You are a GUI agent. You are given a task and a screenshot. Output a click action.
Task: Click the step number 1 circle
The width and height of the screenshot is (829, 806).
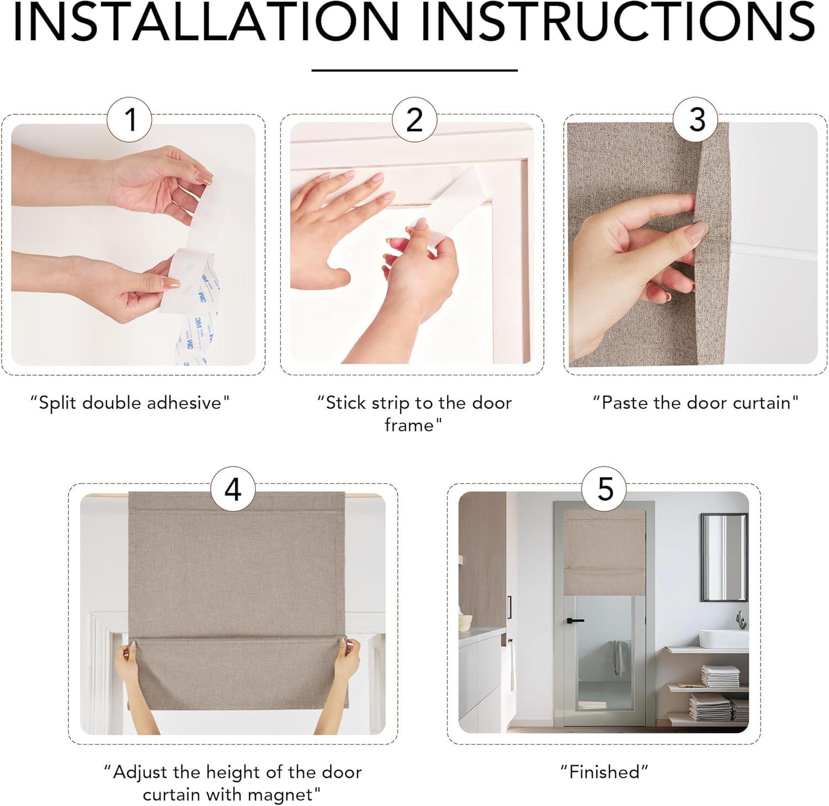click(x=131, y=120)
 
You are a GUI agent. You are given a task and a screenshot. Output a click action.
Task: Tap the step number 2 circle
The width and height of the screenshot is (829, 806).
click(x=414, y=120)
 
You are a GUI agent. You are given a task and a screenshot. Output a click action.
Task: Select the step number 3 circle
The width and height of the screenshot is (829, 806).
click(x=696, y=120)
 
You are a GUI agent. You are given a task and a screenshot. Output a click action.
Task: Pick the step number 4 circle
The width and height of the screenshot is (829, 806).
click(x=233, y=489)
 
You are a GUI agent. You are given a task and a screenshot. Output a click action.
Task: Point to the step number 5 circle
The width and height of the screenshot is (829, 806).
click(x=605, y=489)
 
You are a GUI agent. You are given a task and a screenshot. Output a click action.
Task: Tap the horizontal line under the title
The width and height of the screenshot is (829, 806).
click(x=414, y=70)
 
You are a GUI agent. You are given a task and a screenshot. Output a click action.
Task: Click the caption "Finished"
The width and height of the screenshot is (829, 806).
click(x=605, y=771)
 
